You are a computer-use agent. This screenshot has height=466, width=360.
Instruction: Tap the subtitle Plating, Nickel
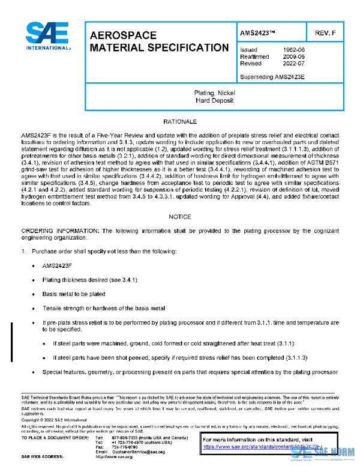click(x=214, y=94)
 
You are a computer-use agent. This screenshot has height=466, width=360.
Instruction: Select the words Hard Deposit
click(x=214, y=101)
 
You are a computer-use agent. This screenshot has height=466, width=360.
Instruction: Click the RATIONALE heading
click(x=179, y=121)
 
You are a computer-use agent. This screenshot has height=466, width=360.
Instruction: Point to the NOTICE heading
click(x=179, y=217)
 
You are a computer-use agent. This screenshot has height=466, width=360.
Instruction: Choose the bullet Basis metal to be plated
click(x=73, y=294)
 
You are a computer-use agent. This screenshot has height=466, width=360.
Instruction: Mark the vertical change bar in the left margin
click(x=13, y=334)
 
